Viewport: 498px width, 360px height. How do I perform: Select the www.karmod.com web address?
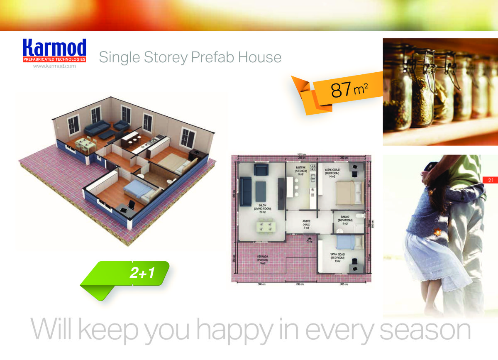[x=54, y=66]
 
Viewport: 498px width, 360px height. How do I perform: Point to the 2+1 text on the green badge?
[x=142, y=273]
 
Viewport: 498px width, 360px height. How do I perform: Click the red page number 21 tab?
[x=491, y=180]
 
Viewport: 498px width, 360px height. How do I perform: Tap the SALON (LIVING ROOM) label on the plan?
[x=262, y=208]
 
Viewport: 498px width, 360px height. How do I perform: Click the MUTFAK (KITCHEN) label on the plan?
[x=301, y=171]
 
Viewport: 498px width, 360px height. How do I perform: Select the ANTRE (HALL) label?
[x=306, y=224]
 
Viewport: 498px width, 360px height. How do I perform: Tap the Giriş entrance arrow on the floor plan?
[x=309, y=239]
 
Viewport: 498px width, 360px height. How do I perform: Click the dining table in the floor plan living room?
[x=265, y=227]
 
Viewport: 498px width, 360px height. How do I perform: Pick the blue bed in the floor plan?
[x=347, y=242]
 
